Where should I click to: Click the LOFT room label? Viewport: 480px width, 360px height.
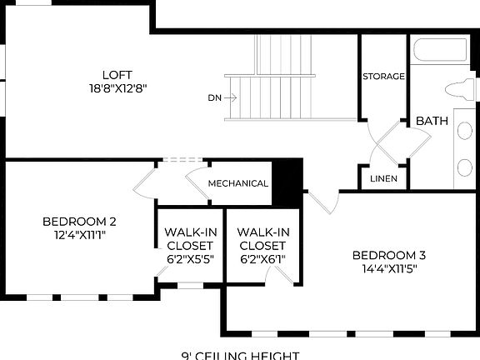(x=117, y=74)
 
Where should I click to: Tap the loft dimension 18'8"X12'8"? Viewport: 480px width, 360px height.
(x=117, y=87)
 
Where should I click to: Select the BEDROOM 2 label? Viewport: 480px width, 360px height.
(x=79, y=222)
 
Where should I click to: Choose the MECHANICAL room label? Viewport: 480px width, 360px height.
(x=237, y=183)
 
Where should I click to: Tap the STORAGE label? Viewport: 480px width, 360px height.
(x=383, y=77)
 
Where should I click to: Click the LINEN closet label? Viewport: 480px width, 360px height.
(x=383, y=178)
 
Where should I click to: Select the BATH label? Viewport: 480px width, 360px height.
(x=432, y=121)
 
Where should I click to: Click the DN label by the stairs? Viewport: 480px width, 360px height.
(x=214, y=97)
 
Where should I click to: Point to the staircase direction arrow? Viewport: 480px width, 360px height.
(x=232, y=97)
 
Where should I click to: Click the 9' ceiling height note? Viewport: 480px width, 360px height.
(x=240, y=355)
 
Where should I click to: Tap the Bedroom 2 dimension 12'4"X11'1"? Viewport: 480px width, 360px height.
(x=79, y=235)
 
